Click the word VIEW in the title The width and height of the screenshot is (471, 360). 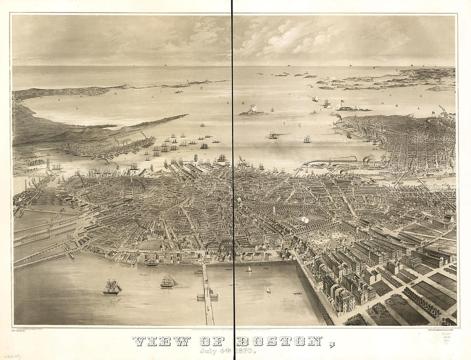[161, 341]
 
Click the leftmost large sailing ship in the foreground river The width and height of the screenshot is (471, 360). [112, 287]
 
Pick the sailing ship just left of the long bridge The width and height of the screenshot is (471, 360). [168, 281]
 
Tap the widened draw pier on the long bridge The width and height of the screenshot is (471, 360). [207, 295]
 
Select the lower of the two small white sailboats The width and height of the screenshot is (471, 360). [268, 290]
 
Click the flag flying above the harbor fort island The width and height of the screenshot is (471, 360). [342, 102]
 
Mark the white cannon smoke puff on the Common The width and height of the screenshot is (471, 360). [305, 219]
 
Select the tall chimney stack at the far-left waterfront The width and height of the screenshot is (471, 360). [25, 185]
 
